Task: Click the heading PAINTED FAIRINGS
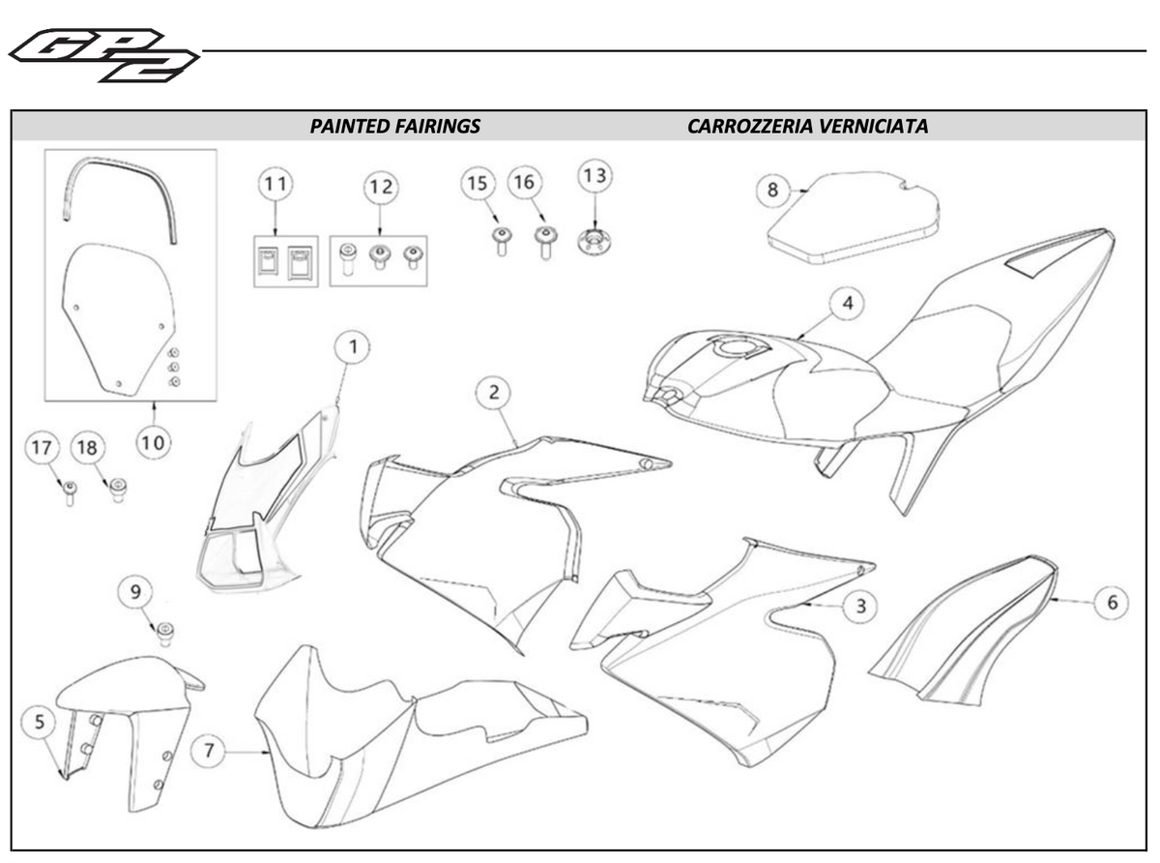click(x=394, y=126)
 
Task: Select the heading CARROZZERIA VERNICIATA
click(x=807, y=126)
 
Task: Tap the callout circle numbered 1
click(x=353, y=346)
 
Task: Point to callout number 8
click(x=772, y=190)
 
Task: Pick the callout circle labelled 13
click(x=594, y=176)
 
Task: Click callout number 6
click(x=1112, y=602)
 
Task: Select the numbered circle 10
click(x=152, y=443)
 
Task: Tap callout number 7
click(x=212, y=749)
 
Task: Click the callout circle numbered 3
click(x=859, y=607)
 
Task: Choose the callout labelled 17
click(x=41, y=448)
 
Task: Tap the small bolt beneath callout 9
click(x=165, y=633)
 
